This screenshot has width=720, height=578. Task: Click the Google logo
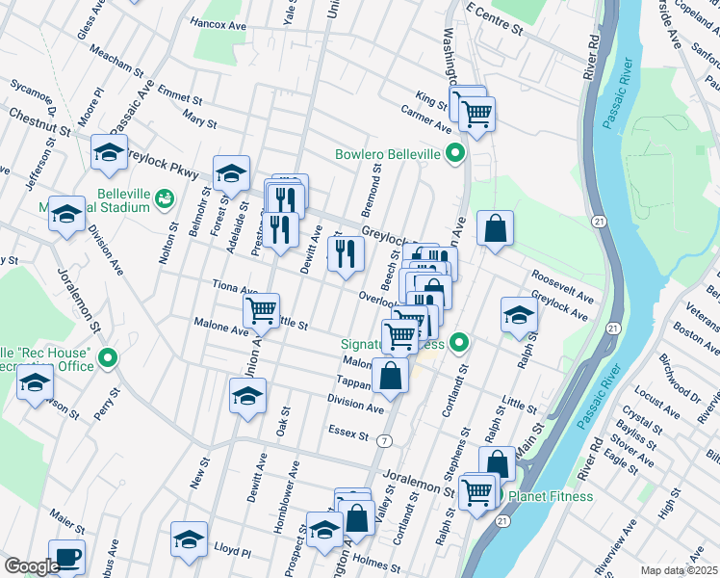(31, 566)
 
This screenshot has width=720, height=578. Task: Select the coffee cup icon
(66, 556)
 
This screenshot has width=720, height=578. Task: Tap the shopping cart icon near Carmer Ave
(476, 114)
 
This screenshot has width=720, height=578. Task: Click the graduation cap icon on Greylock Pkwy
(232, 173)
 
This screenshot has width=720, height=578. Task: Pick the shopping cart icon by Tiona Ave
(261, 310)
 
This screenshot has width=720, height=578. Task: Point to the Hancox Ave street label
(220, 21)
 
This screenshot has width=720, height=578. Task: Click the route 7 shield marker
(384, 440)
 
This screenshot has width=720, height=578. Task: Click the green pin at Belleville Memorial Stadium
(164, 198)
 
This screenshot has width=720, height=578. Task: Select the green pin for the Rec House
(108, 360)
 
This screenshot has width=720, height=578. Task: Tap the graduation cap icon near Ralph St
(519, 314)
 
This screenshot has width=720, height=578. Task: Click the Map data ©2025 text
(679, 570)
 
